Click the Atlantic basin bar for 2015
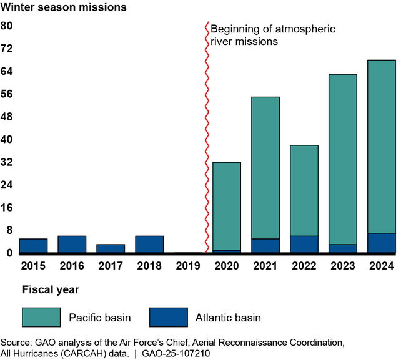pos(33,246)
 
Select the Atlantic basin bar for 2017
pos(111,249)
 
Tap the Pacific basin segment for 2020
pos(227,206)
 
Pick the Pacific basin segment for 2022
pos(304,190)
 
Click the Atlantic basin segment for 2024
pos(382,243)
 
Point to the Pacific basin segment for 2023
pos(343,159)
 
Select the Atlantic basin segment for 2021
pos(265,246)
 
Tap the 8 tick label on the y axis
pos(9,230)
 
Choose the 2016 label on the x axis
pos(72,266)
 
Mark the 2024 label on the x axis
pos(382,266)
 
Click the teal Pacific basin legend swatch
pos(41,317)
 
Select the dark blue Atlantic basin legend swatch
pos(169,317)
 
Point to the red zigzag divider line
pos(206,137)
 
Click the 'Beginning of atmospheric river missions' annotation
pos(273,35)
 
